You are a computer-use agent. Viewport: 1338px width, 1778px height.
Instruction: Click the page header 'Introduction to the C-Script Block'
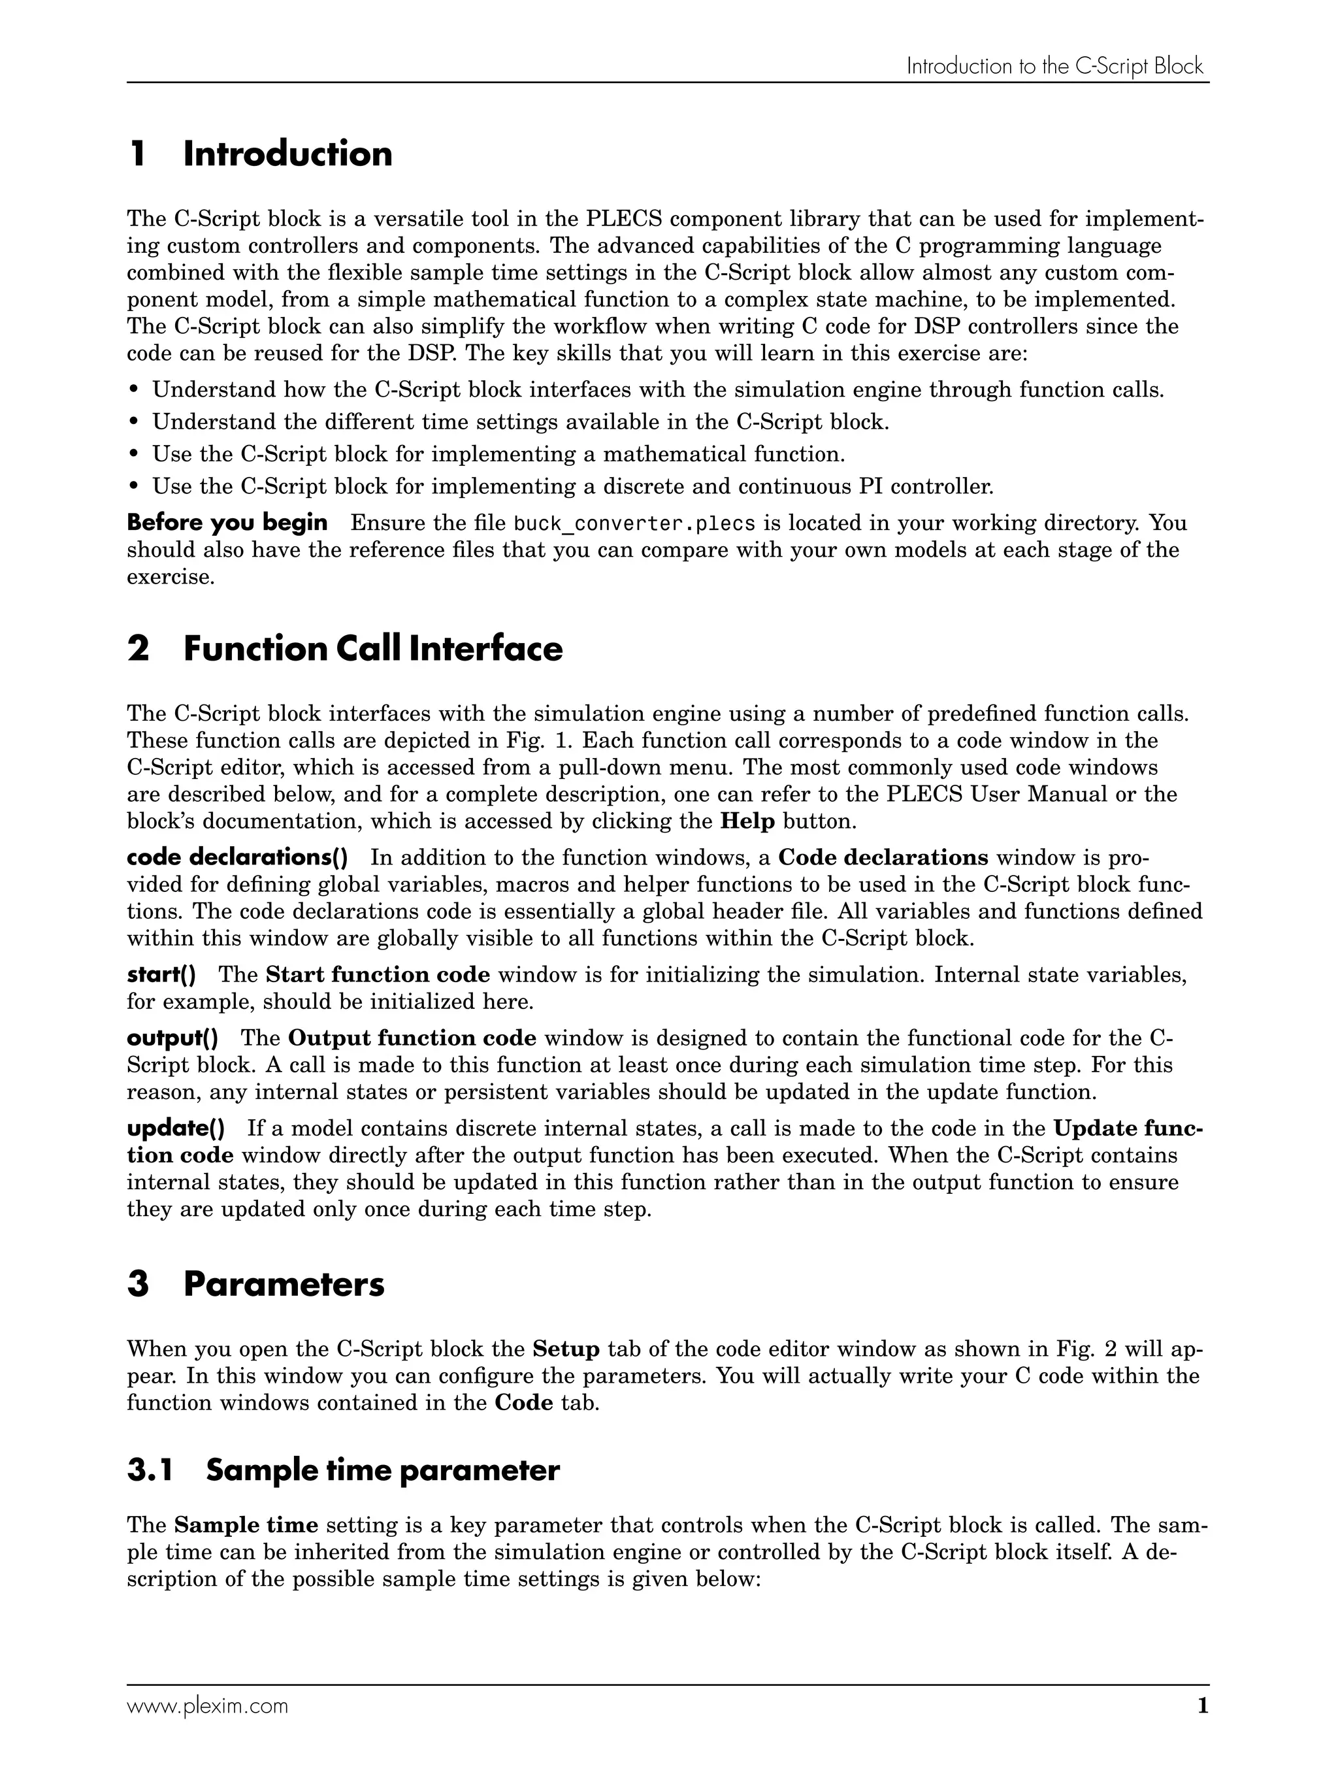[1054, 66]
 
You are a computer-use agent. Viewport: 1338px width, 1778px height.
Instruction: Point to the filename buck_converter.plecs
[634, 523]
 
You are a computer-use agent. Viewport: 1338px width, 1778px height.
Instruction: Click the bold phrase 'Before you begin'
[227, 523]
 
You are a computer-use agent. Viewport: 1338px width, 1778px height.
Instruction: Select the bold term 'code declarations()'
[237, 858]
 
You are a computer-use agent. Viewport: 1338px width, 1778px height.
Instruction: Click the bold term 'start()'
[161, 975]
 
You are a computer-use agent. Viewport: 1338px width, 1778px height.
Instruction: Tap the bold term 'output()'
[172, 1038]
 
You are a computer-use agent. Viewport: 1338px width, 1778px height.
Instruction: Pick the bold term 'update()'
[175, 1128]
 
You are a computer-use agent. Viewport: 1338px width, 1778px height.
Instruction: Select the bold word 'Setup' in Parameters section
[566, 1349]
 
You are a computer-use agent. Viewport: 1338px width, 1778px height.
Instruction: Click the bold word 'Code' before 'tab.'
[523, 1403]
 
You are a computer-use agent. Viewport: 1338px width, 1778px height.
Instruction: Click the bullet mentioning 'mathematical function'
[498, 454]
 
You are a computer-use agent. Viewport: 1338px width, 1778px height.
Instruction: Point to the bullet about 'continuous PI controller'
[572, 486]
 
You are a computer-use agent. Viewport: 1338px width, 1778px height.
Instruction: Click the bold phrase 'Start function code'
[378, 975]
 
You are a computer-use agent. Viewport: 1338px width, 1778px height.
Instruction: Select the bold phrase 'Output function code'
[412, 1038]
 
